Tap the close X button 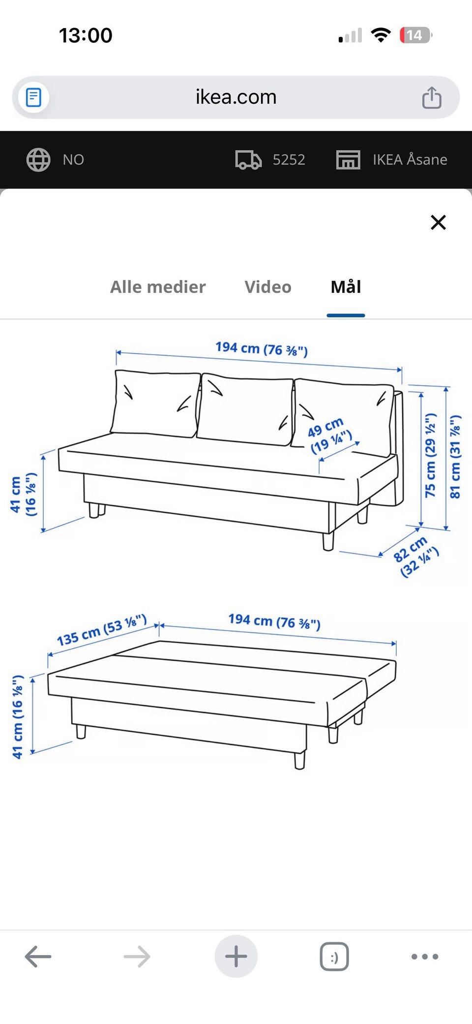point(438,222)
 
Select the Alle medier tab point(158,287)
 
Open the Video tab point(268,287)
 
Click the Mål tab point(346,287)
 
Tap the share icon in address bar point(432,97)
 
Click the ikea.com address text point(236,97)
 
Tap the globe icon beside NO point(38,160)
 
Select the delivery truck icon point(248,160)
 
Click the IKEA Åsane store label point(410,160)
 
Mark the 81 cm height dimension point(455,457)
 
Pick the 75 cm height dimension point(430,455)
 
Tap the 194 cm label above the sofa point(262,349)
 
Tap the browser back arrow point(38,957)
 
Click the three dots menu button point(425,957)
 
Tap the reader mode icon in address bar point(33,97)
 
